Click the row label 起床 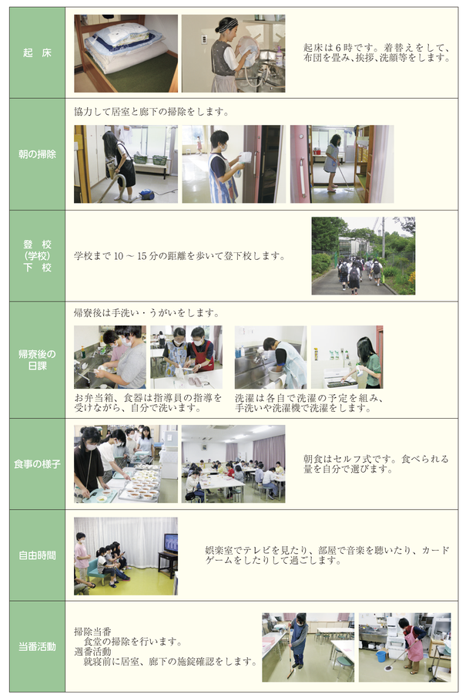(x=37, y=53)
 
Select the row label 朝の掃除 (x=37, y=154)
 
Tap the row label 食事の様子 (x=37, y=464)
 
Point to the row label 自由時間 (x=37, y=555)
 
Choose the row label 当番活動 (x=37, y=647)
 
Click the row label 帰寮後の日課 (x=37, y=360)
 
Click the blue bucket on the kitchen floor (x=380, y=656)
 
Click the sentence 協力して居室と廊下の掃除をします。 (x=152, y=112)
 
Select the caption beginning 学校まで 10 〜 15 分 (x=179, y=256)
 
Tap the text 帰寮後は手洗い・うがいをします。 (x=146, y=313)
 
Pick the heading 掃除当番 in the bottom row (x=92, y=631)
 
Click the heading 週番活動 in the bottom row (x=92, y=652)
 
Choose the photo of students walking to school (x=363, y=256)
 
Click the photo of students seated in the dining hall (x=233, y=464)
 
